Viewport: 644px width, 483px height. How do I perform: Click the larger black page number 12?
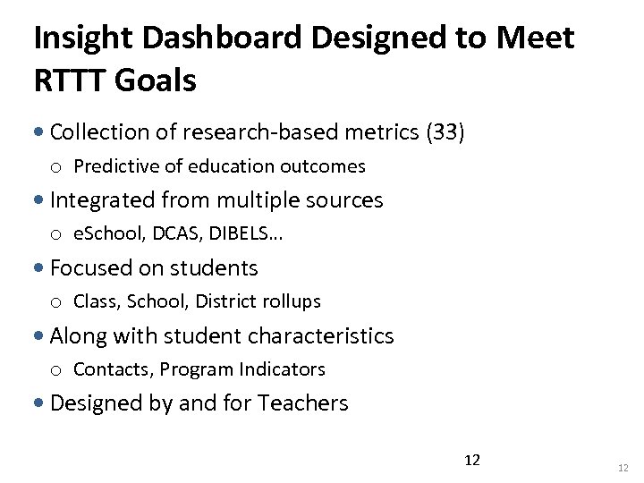coord(472,461)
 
